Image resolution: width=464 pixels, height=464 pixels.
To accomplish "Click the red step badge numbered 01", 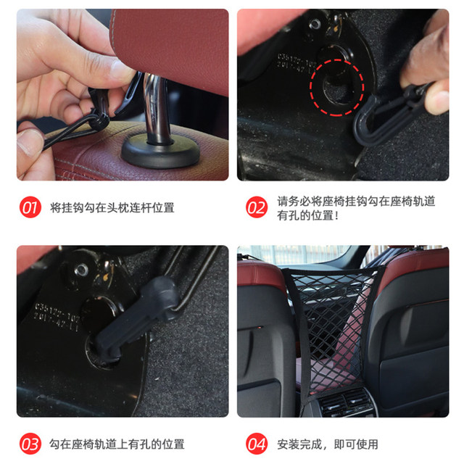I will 30,208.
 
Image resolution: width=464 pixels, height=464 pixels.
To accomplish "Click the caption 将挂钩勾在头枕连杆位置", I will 112,208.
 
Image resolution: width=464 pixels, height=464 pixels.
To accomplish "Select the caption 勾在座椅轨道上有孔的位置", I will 117,444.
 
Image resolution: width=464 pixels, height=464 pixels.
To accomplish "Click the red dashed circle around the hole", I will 336,89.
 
